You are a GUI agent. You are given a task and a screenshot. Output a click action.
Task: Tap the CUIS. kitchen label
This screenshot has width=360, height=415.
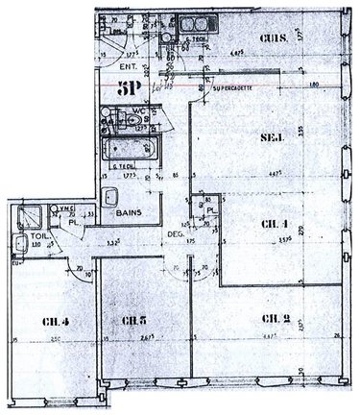click(276, 38)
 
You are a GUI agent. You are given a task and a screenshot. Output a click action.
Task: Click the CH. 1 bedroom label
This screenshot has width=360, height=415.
click(275, 226)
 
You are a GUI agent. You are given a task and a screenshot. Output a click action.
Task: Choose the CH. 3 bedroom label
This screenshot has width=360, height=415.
click(134, 320)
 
